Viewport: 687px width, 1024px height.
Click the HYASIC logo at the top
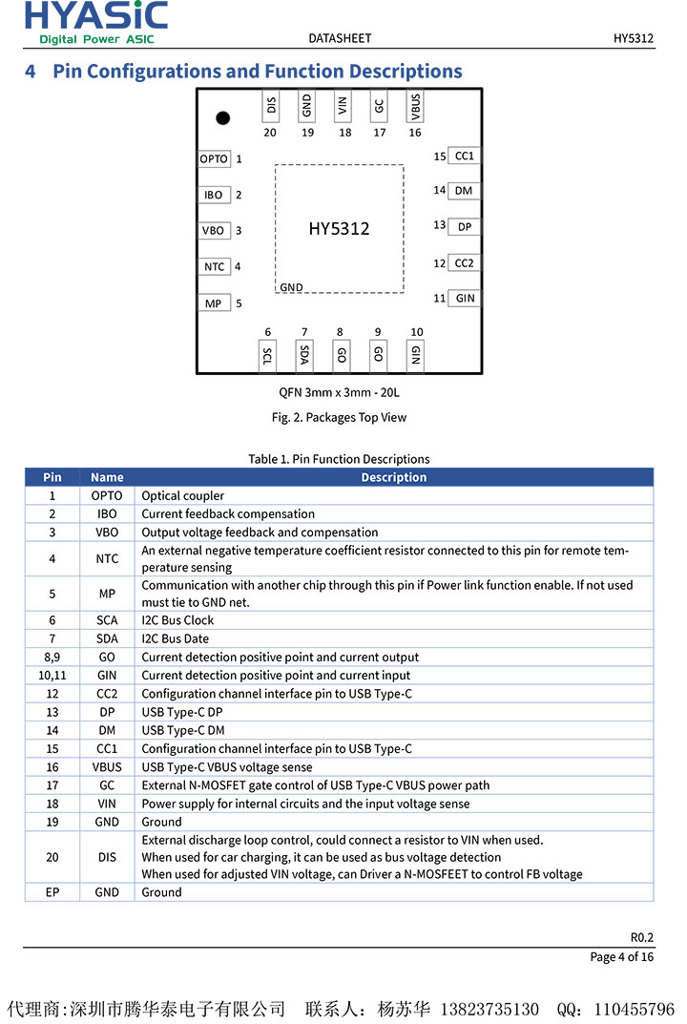tap(95, 22)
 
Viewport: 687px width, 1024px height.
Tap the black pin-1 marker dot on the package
tap(222, 118)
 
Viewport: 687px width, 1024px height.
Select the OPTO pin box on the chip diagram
tap(214, 159)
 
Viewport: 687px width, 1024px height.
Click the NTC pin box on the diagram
tap(214, 267)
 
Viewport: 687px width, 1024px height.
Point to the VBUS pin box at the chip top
tap(415, 106)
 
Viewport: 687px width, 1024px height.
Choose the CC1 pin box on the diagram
tap(464, 156)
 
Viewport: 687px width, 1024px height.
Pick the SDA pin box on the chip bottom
tap(304, 355)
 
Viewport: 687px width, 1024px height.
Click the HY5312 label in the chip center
tap(339, 229)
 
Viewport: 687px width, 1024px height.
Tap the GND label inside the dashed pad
tap(291, 287)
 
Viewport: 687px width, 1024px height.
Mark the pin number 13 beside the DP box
tap(439, 225)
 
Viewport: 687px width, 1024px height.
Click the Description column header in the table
tap(393, 477)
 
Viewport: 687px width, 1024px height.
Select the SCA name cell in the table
tap(107, 620)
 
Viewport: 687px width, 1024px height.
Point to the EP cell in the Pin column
tap(52, 892)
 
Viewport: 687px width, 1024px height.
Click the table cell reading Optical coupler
tap(183, 496)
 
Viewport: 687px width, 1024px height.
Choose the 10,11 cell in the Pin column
tap(52, 676)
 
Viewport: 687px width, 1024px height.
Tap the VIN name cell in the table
tap(107, 804)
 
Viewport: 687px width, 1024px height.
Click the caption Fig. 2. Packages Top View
tap(339, 417)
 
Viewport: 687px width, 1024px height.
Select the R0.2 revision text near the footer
tap(641, 937)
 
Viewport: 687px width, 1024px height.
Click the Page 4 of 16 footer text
tap(621, 957)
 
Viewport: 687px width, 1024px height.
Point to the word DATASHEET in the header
tap(340, 38)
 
